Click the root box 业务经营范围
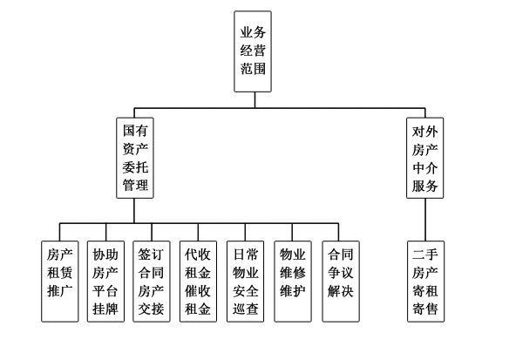[x=254, y=51]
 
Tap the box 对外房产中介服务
[x=429, y=160]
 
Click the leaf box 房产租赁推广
[x=59, y=282]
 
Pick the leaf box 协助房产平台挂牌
[x=106, y=282]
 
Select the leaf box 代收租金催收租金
[x=199, y=282]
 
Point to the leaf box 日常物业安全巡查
[x=246, y=282]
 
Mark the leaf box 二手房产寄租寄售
[x=429, y=282]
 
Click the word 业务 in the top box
[x=254, y=32]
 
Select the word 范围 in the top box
[x=254, y=71]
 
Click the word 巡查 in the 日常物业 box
[x=246, y=309]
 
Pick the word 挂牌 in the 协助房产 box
[x=106, y=309]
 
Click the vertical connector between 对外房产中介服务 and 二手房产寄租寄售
[x=429, y=219]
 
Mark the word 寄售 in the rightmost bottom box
[x=429, y=309]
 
